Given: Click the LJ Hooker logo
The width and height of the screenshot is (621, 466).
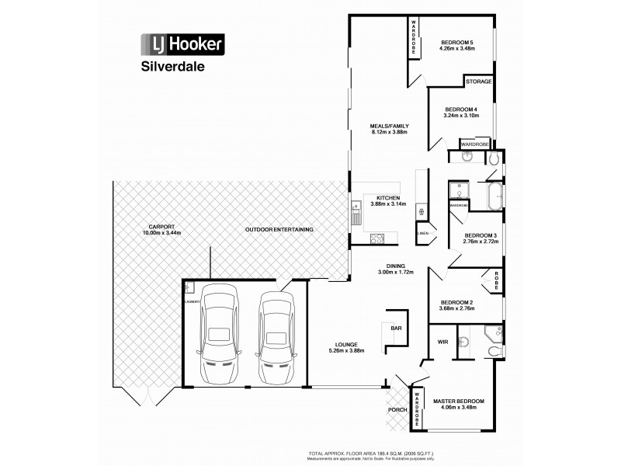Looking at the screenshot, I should (x=182, y=44).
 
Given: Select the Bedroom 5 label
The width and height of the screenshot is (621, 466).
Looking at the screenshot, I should (x=457, y=42).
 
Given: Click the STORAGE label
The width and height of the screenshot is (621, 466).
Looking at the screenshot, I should (x=477, y=82).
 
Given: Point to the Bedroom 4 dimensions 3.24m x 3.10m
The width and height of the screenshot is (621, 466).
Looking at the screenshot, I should (x=460, y=116).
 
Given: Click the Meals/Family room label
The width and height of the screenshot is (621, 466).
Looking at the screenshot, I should (x=389, y=126).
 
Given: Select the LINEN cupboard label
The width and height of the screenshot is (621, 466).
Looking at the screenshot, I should (x=423, y=233).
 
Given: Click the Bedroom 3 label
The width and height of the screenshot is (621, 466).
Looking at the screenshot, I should (x=480, y=235).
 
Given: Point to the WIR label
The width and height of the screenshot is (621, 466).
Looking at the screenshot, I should (x=442, y=341).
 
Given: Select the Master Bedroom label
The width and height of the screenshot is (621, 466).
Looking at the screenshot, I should (x=458, y=401).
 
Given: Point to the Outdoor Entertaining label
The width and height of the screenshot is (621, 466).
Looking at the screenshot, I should (x=279, y=230).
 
